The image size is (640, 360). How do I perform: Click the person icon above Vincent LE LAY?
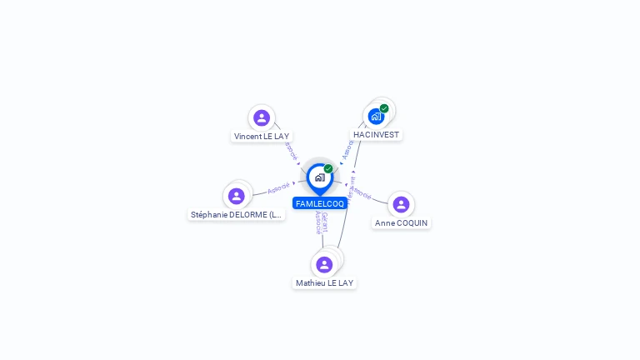[262, 117]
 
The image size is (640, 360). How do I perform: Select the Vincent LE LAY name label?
[262, 136]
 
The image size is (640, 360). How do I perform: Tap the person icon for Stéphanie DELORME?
[237, 196]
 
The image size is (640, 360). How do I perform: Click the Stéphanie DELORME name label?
[237, 214]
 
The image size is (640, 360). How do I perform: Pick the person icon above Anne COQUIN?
[401, 204]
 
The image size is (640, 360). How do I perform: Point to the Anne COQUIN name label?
[402, 222]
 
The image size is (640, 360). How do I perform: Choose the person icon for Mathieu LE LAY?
[324, 264]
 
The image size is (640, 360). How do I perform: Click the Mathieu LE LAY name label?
[324, 282]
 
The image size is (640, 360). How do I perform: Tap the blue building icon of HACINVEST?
[376, 116]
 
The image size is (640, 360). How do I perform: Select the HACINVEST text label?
[376, 134]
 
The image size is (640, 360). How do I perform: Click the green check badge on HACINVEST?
[384, 108]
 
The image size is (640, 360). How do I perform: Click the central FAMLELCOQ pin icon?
[319, 177]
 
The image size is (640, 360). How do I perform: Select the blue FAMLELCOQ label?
[319, 203]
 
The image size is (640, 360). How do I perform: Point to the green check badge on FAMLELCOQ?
[328, 169]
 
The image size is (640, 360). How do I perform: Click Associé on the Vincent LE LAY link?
[290, 151]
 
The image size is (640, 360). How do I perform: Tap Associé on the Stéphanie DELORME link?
[278, 187]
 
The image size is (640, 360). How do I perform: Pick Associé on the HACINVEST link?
[347, 150]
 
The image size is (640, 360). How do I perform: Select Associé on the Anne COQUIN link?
[361, 193]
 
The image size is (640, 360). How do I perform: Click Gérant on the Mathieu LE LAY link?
[324, 222]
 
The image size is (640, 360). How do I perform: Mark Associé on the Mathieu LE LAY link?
[317, 222]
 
